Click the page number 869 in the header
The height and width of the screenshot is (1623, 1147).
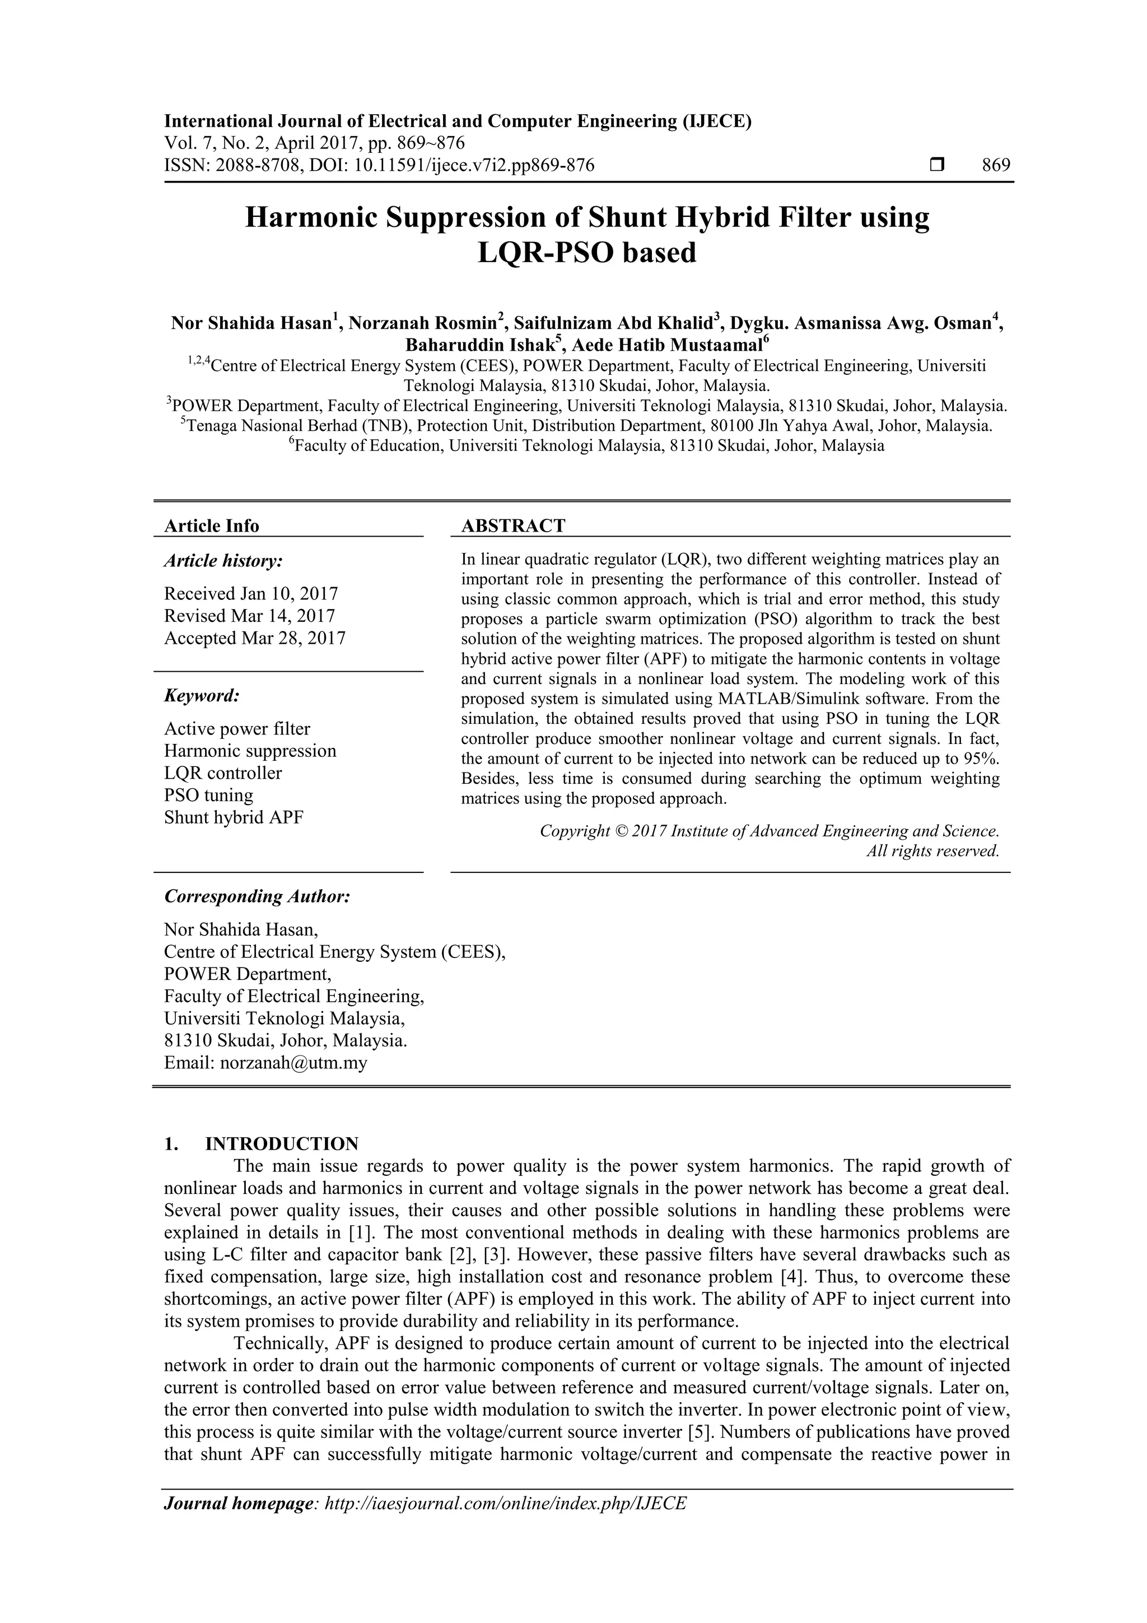point(996,165)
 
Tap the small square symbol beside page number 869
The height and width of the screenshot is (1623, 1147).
point(937,165)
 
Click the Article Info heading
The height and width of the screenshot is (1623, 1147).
point(211,526)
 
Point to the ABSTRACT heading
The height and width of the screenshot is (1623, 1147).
point(513,526)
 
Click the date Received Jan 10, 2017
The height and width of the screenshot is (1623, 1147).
point(251,594)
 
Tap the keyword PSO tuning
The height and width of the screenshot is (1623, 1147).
point(208,795)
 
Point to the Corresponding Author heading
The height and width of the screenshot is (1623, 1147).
point(257,896)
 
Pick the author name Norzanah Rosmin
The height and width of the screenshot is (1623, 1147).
point(422,324)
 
